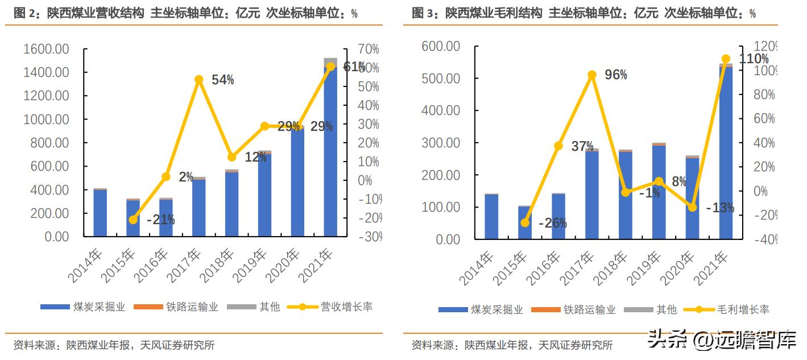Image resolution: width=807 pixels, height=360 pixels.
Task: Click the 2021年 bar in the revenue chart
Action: tap(330, 154)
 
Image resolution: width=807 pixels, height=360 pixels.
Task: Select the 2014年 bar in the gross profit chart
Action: tap(491, 216)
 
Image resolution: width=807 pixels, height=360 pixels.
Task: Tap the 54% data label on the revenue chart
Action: tap(222, 80)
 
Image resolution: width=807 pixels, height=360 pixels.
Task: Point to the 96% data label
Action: tap(616, 75)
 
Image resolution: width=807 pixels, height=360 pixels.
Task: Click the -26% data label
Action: tap(553, 223)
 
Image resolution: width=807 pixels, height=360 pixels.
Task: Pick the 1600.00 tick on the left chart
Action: tap(46, 49)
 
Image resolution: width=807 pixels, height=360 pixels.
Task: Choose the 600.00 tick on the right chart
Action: tap(441, 46)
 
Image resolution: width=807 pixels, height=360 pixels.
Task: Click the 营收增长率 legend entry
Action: tap(330, 307)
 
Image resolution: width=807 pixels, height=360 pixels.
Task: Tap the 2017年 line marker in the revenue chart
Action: tap(198, 80)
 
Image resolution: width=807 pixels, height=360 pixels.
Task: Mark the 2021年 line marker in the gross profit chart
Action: tap(726, 59)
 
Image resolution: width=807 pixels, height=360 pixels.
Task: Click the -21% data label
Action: tap(160, 220)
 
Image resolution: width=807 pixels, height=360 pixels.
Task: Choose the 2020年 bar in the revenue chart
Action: tap(297, 182)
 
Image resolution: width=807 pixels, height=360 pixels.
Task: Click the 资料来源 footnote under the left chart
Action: tap(114, 345)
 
